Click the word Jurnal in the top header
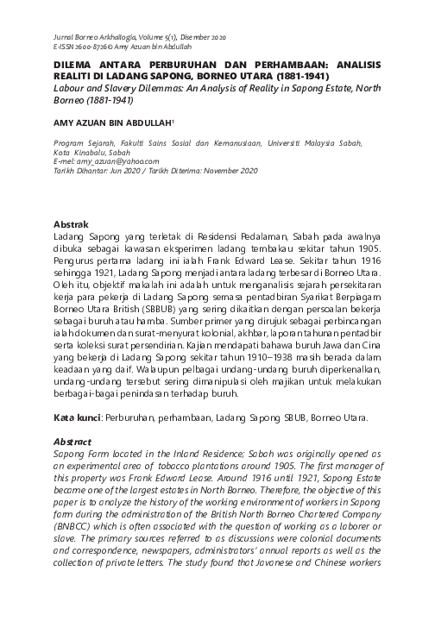tap(65, 39)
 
